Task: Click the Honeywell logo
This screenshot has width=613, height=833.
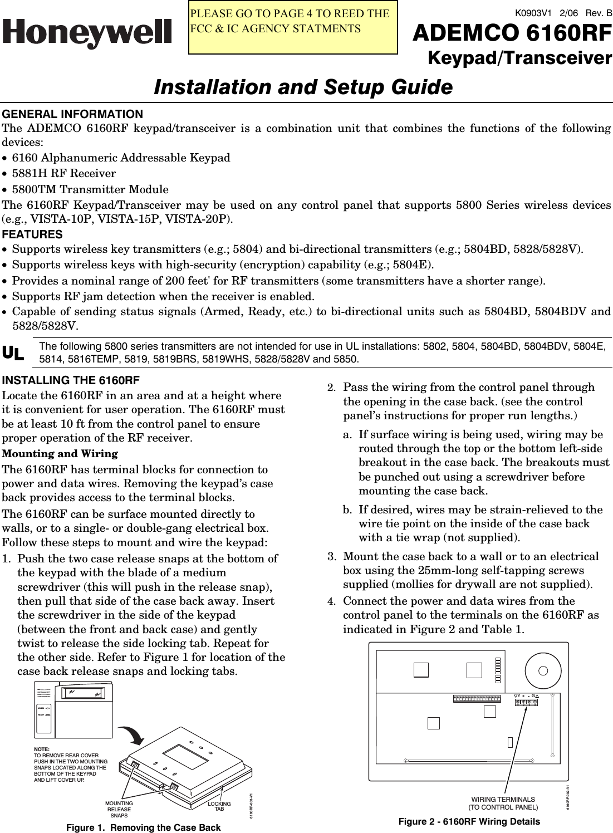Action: [87, 33]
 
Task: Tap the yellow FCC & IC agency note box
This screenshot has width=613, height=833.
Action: [293, 28]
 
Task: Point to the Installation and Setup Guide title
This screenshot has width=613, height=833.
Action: [303, 87]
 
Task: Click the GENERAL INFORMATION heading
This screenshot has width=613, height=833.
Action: [72, 114]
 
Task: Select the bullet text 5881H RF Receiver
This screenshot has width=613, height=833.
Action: [64, 174]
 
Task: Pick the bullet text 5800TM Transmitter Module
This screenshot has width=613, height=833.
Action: [90, 189]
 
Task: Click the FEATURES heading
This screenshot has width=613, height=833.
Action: [32, 234]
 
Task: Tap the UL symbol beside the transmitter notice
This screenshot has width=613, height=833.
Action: [13, 353]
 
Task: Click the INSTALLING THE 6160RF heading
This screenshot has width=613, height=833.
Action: [71, 381]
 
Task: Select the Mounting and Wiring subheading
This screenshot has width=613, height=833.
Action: [60, 454]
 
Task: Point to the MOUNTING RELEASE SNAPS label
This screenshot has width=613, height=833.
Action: [119, 809]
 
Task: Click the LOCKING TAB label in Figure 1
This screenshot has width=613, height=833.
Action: [219, 806]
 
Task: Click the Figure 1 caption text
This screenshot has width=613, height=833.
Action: [143, 827]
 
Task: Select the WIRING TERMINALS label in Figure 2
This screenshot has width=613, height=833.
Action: [503, 803]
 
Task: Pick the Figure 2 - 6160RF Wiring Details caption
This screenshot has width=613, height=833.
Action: [469, 821]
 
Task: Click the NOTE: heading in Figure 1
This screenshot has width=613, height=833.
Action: [42, 749]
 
